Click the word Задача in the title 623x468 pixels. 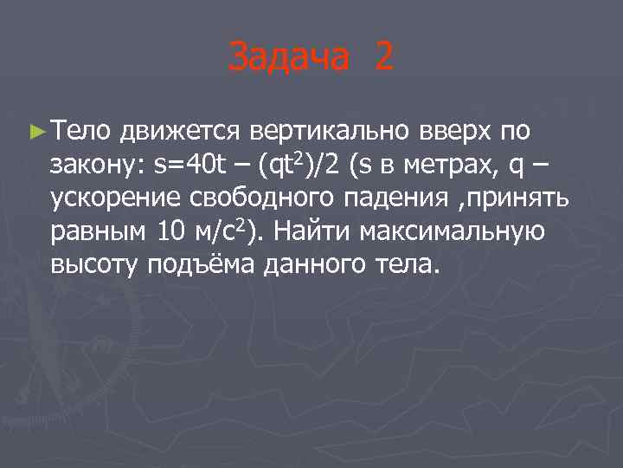pos(291,58)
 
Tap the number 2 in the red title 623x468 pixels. pos(383,58)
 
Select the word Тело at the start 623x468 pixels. pos(82,131)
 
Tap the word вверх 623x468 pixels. pos(456,132)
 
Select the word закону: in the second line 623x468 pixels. pos(96,164)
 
